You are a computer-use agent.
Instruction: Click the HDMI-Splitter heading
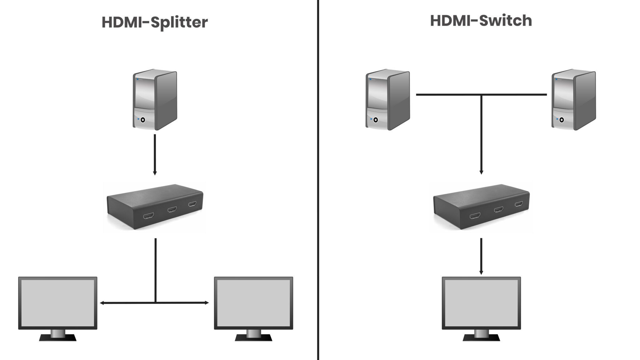pos(155,22)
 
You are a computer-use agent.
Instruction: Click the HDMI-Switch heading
pos(481,21)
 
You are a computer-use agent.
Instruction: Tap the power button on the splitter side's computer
pos(143,120)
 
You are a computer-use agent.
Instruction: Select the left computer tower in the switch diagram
pos(387,99)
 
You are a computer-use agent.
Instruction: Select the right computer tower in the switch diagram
pos(573,99)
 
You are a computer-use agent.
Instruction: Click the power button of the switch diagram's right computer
pos(562,120)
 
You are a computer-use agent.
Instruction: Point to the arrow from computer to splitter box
pos(155,155)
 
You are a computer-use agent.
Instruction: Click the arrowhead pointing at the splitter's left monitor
pos(102,303)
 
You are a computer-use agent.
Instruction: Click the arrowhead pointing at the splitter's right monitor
pos(207,302)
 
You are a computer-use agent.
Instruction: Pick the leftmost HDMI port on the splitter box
pos(148,216)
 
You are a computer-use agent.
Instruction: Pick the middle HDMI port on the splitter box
pos(172,209)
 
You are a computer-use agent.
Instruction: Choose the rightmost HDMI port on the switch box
pos(519,204)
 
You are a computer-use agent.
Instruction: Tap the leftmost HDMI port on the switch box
pos(475,216)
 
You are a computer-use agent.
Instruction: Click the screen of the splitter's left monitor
pos(57,302)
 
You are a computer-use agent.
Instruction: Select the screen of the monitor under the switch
pos(481,302)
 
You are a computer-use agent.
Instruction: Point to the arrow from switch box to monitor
pos(481,256)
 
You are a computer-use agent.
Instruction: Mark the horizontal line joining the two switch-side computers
pos(450,94)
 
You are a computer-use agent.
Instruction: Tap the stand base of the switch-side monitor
pos(481,338)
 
